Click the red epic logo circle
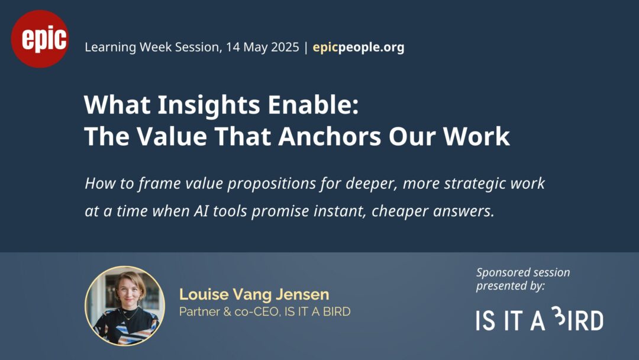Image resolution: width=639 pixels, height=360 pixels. tap(40, 39)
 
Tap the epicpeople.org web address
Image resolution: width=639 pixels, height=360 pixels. tap(358, 47)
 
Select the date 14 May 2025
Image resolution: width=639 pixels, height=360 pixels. tap(263, 47)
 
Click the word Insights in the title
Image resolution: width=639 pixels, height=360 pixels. tap(209, 105)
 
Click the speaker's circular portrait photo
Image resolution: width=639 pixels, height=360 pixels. tap(125, 306)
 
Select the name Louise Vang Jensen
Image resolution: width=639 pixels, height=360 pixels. tap(254, 294)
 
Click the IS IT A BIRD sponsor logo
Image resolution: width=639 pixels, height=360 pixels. tap(540, 319)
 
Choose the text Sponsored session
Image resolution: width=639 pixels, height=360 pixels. tap(523, 272)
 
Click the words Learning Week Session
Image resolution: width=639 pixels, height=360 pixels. tap(153, 47)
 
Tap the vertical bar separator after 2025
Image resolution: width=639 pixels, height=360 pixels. tap(306, 47)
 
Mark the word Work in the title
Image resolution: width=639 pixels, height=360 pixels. tap(476, 136)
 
